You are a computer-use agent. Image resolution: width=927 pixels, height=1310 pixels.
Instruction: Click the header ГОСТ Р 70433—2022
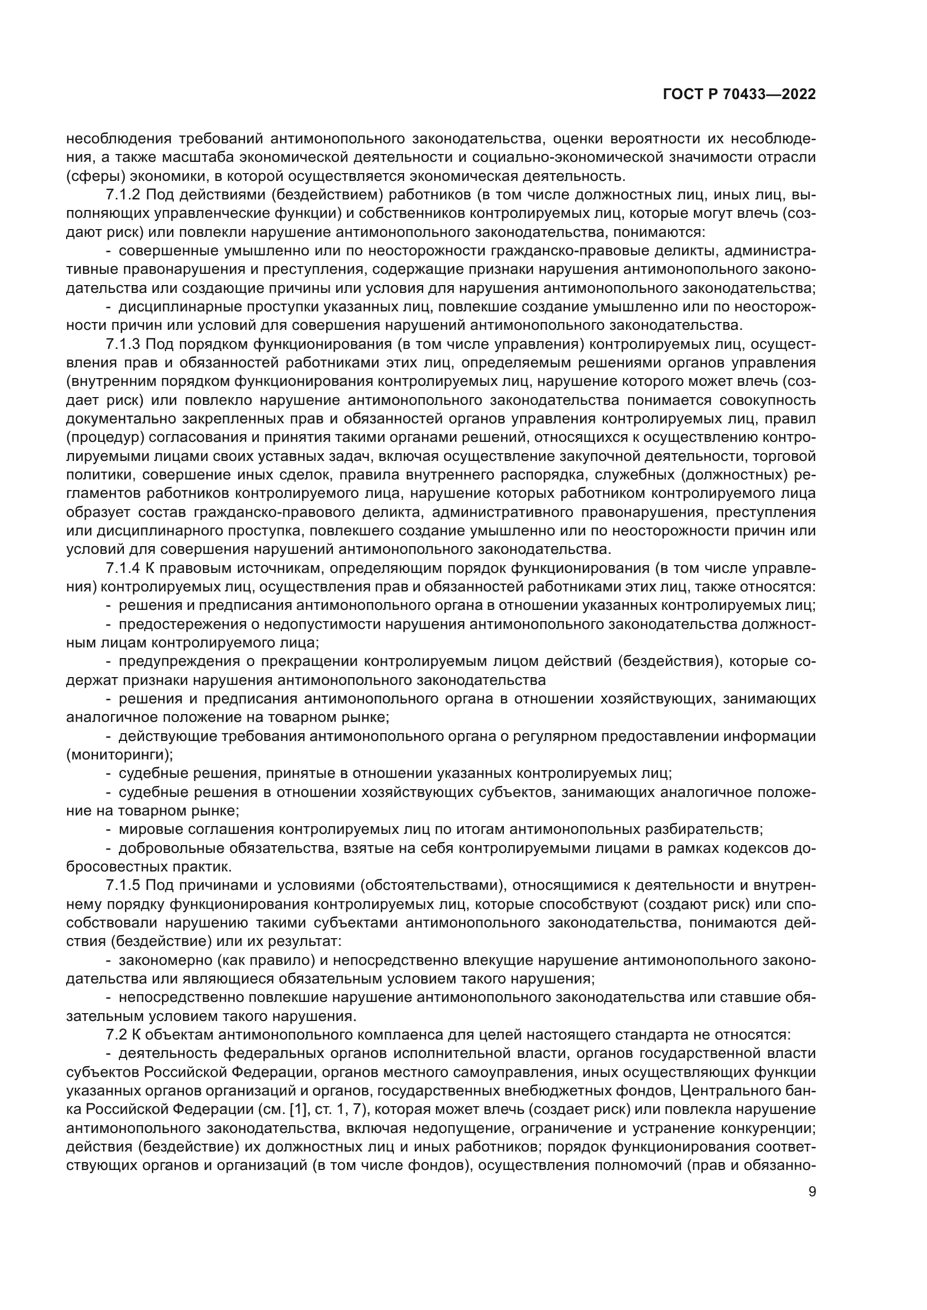coord(739,95)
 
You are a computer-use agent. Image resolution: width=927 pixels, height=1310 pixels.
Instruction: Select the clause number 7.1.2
coord(123,195)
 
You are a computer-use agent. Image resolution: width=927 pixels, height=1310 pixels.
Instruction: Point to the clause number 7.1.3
coord(123,344)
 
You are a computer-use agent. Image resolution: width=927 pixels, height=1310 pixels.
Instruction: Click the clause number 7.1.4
coord(123,568)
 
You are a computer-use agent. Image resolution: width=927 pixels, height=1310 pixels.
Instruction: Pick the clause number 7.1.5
coord(123,885)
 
